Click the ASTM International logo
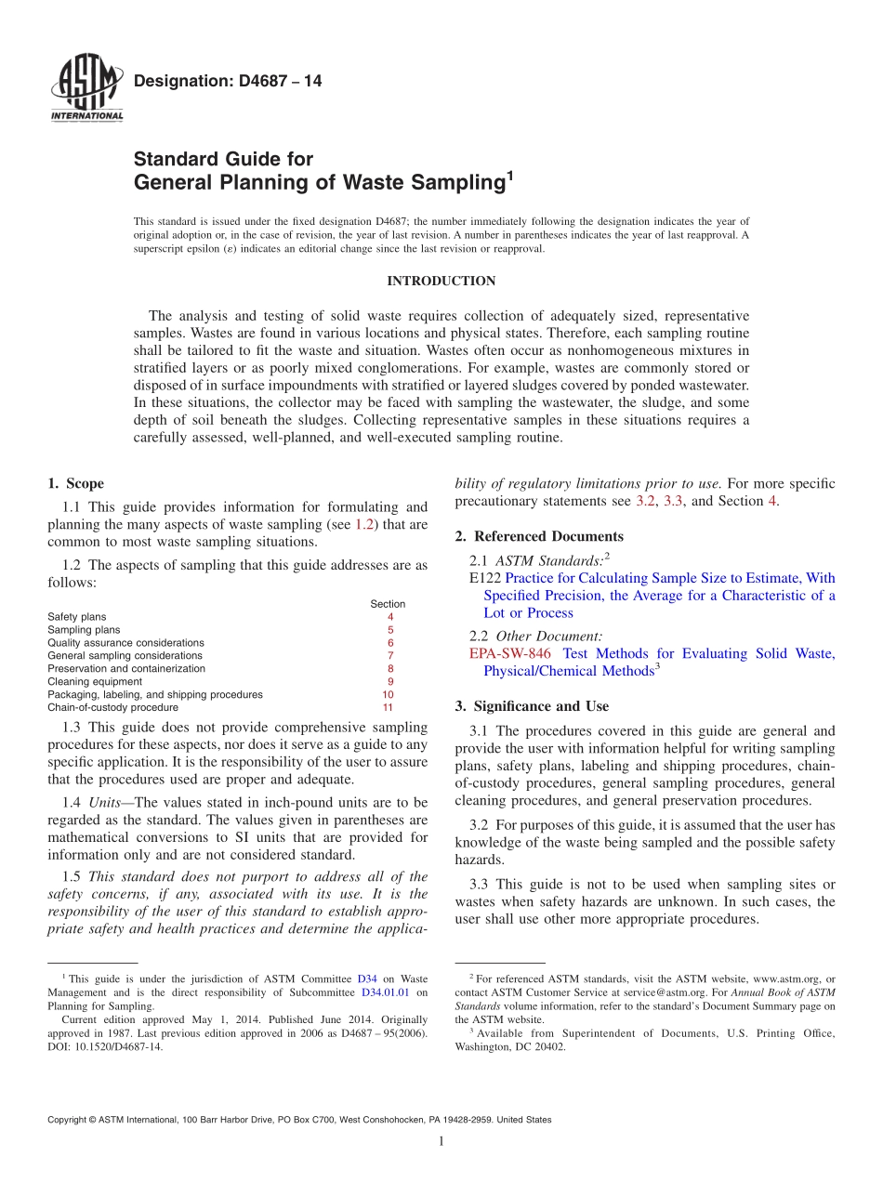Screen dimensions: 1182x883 [x=86, y=88]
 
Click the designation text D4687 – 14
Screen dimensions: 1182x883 [x=228, y=82]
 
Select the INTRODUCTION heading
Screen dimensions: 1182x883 [x=441, y=281]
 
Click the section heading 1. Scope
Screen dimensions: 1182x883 [x=75, y=483]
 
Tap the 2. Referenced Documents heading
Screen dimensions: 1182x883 [x=539, y=536]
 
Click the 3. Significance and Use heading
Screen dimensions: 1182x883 [x=532, y=706]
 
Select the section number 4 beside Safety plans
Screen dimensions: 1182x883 [x=389, y=617]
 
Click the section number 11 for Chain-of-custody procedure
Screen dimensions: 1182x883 [x=388, y=707]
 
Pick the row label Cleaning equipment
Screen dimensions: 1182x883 [x=95, y=681]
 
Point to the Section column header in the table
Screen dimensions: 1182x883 [x=388, y=604]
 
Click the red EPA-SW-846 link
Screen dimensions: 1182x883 [x=510, y=653]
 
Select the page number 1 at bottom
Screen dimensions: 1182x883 [x=441, y=1141]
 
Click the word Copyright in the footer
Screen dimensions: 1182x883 [x=69, y=1120]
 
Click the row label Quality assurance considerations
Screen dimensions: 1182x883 [x=125, y=642]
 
